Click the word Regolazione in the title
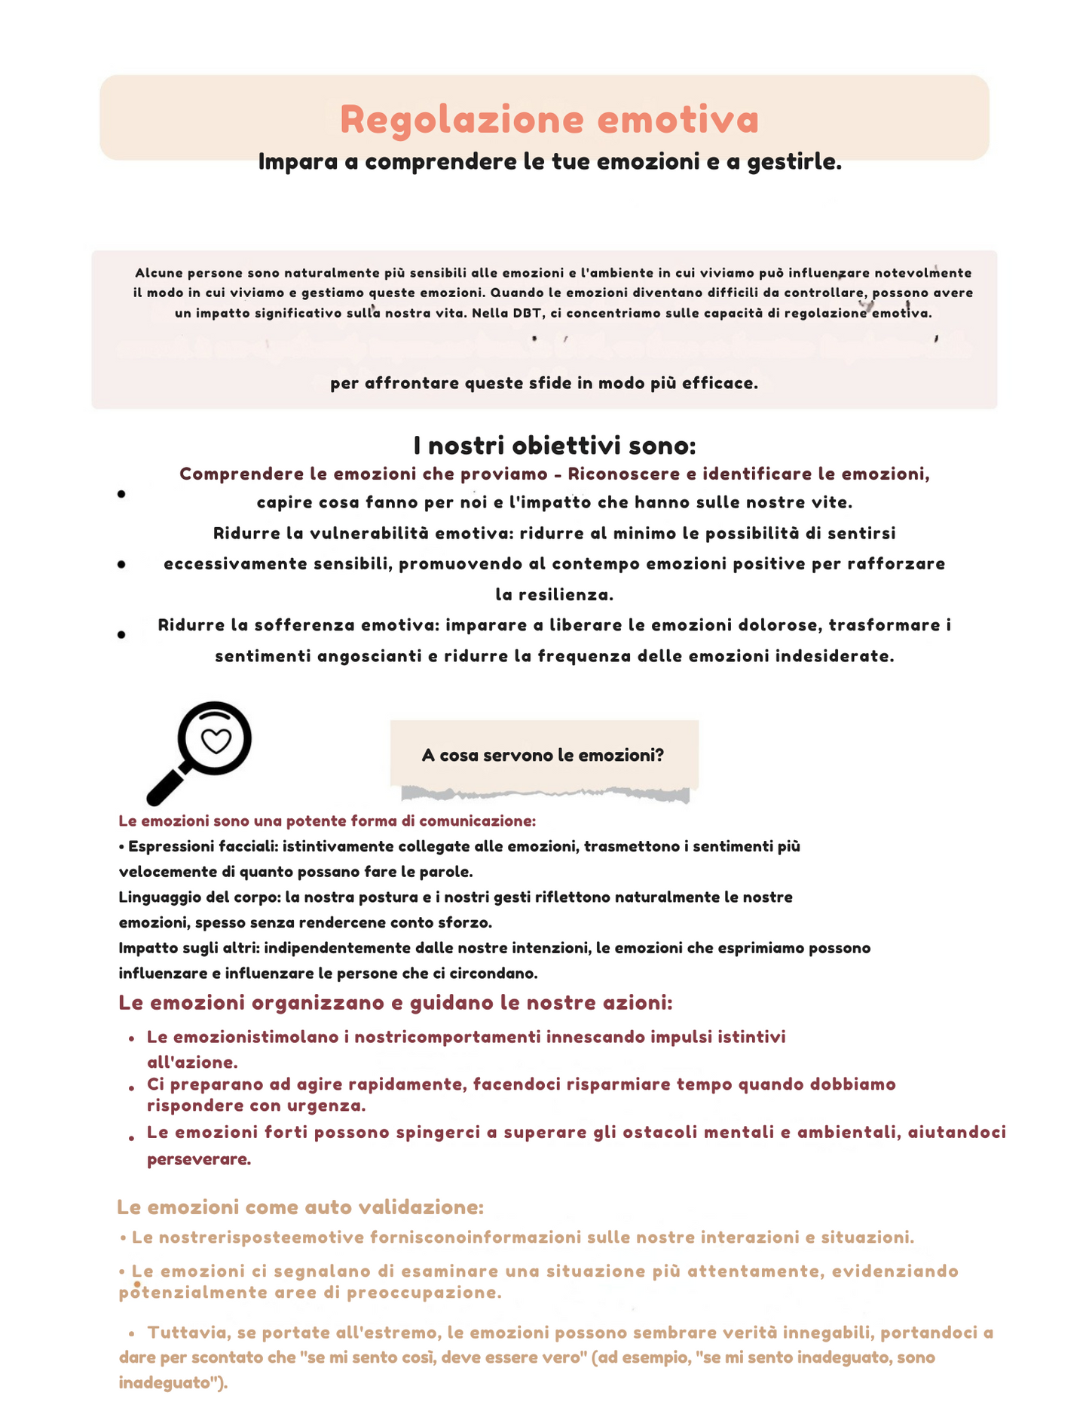click(x=462, y=120)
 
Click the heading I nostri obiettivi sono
click(x=555, y=446)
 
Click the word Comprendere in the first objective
click(x=239, y=474)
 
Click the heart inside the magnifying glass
click(x=217, y=741)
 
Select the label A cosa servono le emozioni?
click(x=543, y=755)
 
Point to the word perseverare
click(x=199, y=1159)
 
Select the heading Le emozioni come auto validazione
click(x=300, y=1207)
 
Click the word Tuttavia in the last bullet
click(x=182, y=1333)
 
